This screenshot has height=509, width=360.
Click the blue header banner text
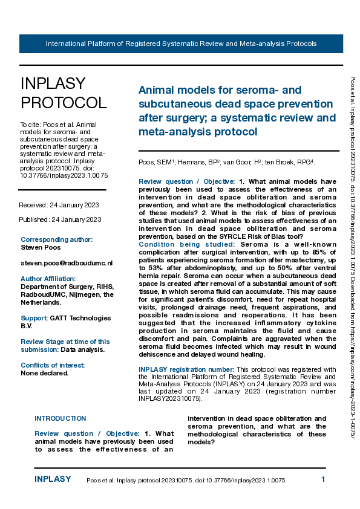click(181, 44)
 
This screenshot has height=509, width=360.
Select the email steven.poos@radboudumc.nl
click(67, 264)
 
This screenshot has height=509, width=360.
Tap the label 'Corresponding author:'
click(56, 239)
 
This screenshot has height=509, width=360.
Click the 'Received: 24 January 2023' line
click(59, 206)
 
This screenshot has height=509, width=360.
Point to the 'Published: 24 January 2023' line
click(60, 219)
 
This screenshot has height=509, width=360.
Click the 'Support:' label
click(34, 318)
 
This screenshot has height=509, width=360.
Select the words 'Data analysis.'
click(83, 349)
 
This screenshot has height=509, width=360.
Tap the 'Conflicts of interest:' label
click(53, 365)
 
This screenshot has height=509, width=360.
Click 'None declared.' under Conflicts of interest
click(44, 373)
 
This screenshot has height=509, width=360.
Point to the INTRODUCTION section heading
click(60, 418)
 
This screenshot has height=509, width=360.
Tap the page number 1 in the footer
click(323, 479)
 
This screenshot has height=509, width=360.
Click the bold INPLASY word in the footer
click(53, 479)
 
